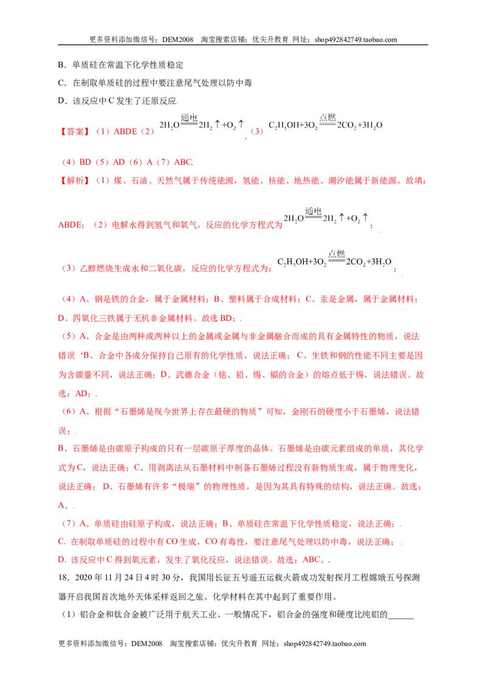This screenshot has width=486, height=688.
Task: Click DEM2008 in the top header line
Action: (x=177, y=40)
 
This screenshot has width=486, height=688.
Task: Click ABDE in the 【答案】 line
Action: (x=125, y=131)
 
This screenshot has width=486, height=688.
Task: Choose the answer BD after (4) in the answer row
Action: (x=85, y=162)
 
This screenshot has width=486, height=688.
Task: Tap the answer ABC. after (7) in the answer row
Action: (x=184, y=162)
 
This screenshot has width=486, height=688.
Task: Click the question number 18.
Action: (x=64, y=577)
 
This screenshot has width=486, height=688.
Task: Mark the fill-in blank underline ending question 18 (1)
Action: (x=401, y=618)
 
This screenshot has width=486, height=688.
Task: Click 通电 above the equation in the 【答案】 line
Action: (x=188, y=117)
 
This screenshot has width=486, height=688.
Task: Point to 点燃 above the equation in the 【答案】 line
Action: (x=327, y=117)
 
